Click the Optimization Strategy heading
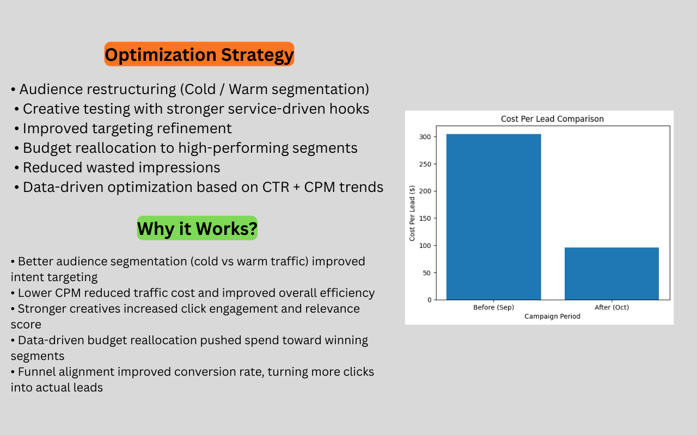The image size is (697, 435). click(199, 54)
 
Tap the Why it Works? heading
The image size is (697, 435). click(197, 228)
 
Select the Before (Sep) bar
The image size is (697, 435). click(493, 217)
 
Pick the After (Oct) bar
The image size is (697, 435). click(612, 274)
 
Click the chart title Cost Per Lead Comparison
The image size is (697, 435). click(552, 119)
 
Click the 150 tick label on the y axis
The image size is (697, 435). click(425, 219)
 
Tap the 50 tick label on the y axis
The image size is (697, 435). click(427, 273)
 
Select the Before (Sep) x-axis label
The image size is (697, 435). click(493, 307)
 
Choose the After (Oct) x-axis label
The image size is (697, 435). click(612, 307)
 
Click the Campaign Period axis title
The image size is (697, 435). click(552, 316)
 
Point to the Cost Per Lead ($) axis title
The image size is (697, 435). click(412, 213)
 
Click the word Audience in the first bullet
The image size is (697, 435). click(51, 89)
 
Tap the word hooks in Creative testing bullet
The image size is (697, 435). click(350, 109)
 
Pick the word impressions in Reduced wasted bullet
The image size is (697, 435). click(180, 168)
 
